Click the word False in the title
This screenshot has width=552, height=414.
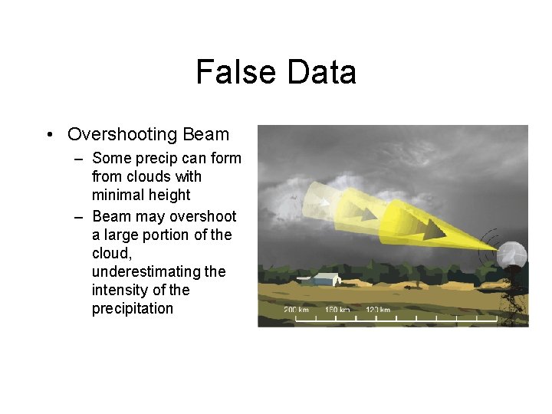point(236,72)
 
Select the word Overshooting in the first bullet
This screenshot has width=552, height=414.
point(123,134)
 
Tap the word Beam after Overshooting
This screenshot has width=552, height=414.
point(205,134)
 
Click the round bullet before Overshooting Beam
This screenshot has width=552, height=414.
point(50,135)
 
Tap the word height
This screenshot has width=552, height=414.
point(170,195)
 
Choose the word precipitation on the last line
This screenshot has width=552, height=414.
point(133,309)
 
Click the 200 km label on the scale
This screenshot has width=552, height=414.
point(296,310)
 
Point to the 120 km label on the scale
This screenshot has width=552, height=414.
point(378,310)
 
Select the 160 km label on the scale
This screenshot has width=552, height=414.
point(337,310)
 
